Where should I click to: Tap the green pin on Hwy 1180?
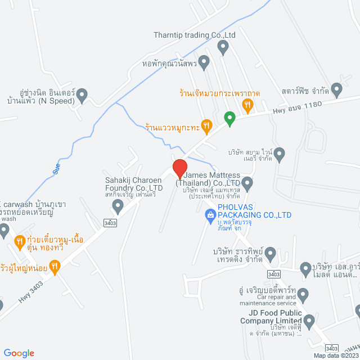tap(229, 119)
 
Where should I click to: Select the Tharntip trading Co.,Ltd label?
tap(194, 35)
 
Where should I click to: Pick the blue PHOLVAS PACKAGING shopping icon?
tap(210, 214)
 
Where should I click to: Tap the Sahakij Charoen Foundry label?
tap(134, 184)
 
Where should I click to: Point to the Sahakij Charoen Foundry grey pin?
tap(118, 207)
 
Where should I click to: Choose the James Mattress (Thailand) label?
tap(213, 179)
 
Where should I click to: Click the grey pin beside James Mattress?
tap(247, 182)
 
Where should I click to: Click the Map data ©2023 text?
tap(336, 355)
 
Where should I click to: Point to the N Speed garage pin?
tap(82, 94)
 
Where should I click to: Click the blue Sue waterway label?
tap(56, 168)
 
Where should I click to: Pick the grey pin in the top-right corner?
tap(336, 89)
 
